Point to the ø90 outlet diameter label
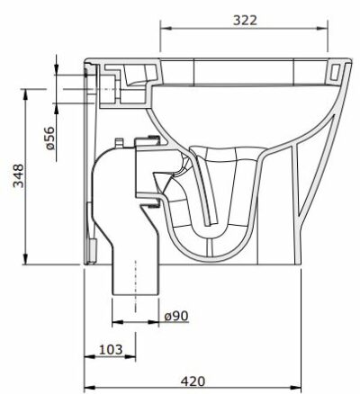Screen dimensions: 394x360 (176, 315)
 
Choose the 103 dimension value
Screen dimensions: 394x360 (109, 348)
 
